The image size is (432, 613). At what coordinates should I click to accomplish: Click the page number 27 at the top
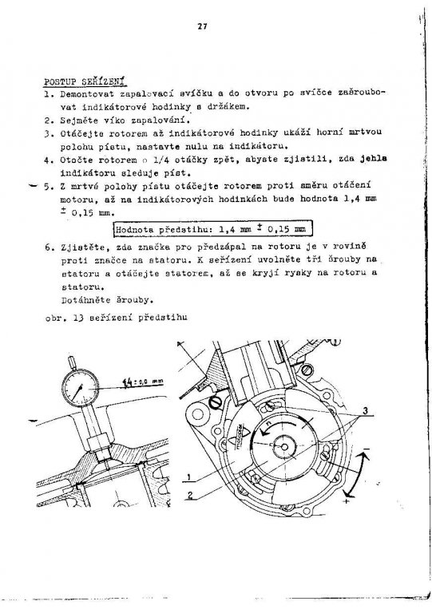(202, 26)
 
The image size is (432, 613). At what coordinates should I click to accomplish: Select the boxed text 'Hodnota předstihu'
(163, 229)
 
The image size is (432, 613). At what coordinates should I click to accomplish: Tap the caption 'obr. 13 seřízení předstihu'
(116, 317)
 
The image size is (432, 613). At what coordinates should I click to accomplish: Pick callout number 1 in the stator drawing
(188, 477)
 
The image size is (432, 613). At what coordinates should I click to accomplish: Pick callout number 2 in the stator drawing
(190, 495)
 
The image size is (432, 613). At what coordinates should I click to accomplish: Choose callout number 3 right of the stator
(365, 410)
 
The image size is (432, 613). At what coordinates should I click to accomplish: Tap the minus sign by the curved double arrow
(367, 448)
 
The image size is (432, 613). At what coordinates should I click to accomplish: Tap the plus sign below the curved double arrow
(347, 500)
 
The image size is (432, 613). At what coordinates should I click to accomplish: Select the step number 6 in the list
(47, 247)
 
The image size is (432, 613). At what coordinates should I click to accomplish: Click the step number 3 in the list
(47, 133)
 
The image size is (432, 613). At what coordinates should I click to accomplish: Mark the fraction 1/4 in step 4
(161, 160)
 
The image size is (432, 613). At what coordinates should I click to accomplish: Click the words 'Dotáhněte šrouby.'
(106, 300)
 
